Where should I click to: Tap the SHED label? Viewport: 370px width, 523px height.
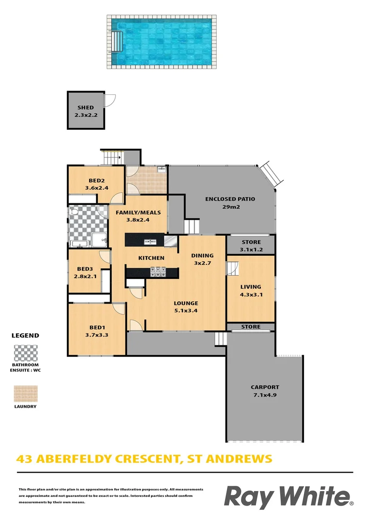(85, 108)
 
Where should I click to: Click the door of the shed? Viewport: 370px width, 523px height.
(110, 100)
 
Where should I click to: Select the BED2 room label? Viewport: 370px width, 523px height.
(97, 181)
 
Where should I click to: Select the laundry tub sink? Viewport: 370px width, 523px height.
(161, 169)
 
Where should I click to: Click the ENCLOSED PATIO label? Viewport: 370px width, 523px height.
(230, 199)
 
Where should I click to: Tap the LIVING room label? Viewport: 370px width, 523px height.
(250, 287)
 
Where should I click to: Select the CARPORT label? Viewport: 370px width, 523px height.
(265, 387)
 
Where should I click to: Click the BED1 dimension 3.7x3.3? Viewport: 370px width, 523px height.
(97, 335)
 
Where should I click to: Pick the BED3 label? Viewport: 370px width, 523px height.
(85, 268)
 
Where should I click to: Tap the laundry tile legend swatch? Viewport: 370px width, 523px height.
(25, 393)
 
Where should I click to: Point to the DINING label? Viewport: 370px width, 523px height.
(202, 255)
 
